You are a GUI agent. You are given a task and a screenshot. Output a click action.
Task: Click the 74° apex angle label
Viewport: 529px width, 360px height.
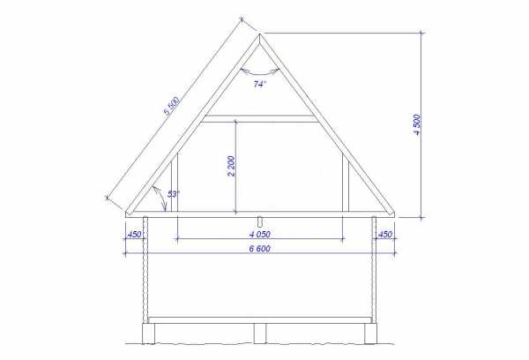click(x=260, y=84)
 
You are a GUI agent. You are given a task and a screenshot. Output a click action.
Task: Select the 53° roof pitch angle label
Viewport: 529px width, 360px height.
click(x=174, y=194)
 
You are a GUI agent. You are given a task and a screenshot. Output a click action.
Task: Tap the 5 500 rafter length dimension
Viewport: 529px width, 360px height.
click(x=172, y=106)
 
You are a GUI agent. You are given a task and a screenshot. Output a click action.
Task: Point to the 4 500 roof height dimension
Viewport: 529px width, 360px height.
click(x=417, y=124)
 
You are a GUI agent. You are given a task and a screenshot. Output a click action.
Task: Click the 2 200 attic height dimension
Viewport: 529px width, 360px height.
click(x=231, y=166)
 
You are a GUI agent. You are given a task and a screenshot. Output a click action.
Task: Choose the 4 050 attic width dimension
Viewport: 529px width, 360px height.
click(x=260, y=234)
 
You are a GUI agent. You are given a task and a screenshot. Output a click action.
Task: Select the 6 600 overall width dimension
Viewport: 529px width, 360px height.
click(x=260, y=249)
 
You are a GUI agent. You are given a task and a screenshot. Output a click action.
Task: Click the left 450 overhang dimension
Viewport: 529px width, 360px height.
click(x=134, y=234)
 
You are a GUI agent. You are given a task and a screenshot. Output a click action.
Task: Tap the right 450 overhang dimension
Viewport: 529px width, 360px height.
click(x=385, y=234)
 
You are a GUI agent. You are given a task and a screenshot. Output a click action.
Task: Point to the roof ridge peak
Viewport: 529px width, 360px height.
click(x=260, y=34)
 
